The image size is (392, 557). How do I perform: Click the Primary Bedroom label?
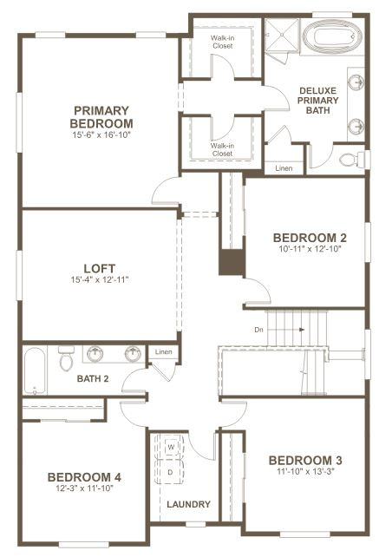pos(101,117)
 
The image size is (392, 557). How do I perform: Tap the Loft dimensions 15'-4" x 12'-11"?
pos(100,280)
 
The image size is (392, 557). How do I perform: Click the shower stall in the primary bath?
pos(282,36)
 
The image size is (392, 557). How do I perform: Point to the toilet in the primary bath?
pos(352,160)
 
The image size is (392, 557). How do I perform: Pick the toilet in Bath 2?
pos(67,358)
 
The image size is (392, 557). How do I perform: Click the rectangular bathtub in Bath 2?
pos(35,370)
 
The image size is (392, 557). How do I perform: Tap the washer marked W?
pos(171,447)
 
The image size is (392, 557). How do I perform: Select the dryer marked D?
pos(170,472)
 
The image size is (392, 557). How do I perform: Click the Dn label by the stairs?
pos(258,330)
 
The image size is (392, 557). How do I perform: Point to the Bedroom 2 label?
pos(310,238)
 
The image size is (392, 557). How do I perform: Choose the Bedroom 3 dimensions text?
pos(306,471)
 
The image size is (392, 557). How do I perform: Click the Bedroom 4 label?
pos(84,477)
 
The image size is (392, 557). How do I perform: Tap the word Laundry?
pos(188,504)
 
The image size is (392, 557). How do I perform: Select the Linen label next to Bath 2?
pos(163,352)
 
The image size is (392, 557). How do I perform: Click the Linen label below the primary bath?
pos(284,168)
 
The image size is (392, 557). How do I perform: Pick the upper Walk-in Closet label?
pos(223,42)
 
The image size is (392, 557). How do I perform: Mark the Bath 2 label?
pos(93,378)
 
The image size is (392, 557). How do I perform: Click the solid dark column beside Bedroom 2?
pos(232,262)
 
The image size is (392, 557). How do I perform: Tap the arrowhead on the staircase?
pos(302,330)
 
